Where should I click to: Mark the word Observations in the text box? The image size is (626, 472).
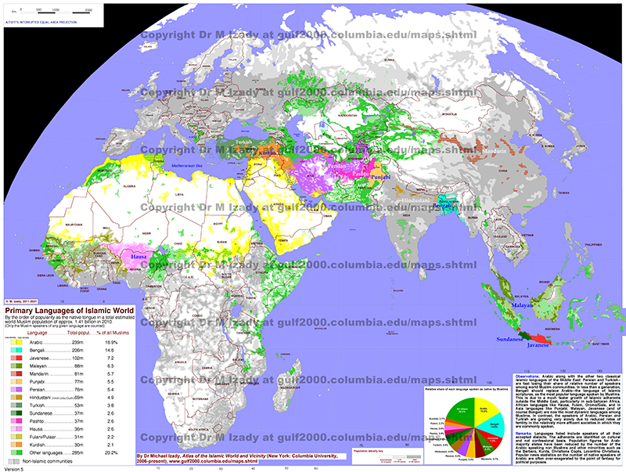(x=531, y=366)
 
